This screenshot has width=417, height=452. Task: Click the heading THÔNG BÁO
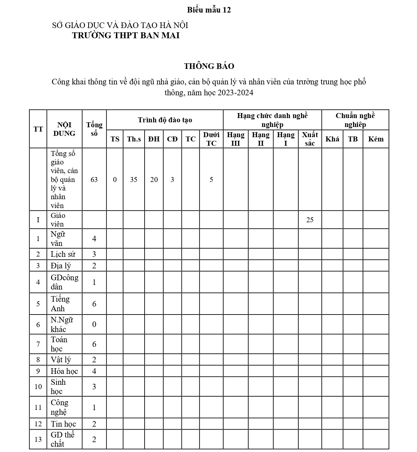pyautogui.click(x=209, y=66)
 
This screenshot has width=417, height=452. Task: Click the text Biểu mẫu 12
pyautogui.click(x=209, y=10)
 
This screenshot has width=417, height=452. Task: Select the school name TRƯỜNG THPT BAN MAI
pyautogui.click(x=126, y=36)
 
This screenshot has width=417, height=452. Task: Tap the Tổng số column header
pyautogui.click(x=94, y=129)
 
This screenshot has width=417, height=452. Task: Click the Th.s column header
pyautogui.click(x=134, y=139)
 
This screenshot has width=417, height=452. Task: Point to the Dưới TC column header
pyautogui.click(x=211, y=139)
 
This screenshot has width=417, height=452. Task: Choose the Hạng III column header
pyautogui.click(x=236, y=139)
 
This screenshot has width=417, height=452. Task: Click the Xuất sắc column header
pyautogui.click(x=310, y=139)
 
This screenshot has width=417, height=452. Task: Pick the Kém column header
pyautogui.click(x=375, y=139)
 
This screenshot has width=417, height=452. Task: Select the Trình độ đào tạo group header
pyautogui.click(x=165, y=120)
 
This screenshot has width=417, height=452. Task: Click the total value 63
pyautogui.click(x=94, y=180)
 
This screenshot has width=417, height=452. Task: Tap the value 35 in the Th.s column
pyautogui.click(x=134, y=180)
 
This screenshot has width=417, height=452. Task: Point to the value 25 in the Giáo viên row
pyautogui.click(x=310, y=220)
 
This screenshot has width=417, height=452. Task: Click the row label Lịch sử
pyautogui.click(x=63, y=254)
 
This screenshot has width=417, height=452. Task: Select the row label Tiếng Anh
pyautogui.click(x=60, y=304)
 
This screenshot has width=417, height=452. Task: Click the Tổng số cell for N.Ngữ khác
pyautogui.click(x=94, y=324)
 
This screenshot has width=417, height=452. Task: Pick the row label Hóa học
pyautogui.click(x=64, y=371)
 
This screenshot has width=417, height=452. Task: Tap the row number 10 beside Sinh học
pyautogui.click(x=38, y=386)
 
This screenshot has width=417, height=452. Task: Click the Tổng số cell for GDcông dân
pyautogui.click(x=94, y=282)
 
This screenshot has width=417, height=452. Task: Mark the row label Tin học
pyautogui.click(x=63, y=424)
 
